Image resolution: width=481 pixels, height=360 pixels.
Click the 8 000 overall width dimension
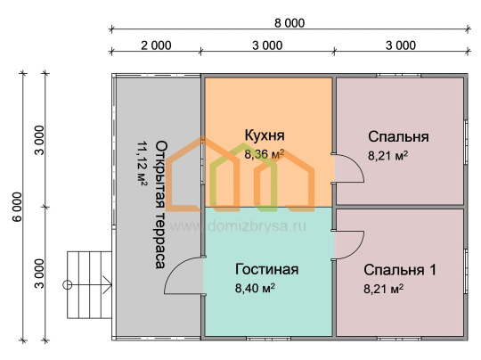[x=289, y=23]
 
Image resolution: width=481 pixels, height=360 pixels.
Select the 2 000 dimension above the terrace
[x=156, y=45]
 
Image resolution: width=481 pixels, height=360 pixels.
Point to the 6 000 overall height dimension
[x=18, y=207]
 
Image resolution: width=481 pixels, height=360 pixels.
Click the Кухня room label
[x=265, y=135]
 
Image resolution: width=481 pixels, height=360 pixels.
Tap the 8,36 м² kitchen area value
[x=265, y=154]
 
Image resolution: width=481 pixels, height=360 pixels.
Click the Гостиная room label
[x=266, y=269]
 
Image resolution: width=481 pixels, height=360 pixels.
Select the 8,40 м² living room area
[x=255, y=288]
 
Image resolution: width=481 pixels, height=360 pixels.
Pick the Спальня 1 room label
[x=400, y=270]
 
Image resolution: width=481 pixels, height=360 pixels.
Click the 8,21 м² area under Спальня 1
[x=383, y=289]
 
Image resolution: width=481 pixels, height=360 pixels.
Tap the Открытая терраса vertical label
[x=161, y=205]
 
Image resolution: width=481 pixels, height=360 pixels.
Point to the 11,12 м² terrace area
[x=142, y=164]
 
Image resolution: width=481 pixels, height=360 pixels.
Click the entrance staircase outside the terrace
[x=89, y=285]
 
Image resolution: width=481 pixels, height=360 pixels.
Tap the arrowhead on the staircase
[x=108, y=285]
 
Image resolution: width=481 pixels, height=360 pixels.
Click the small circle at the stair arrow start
[x=67, y=285]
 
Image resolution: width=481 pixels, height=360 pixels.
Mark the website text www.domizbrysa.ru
[x=238, y=226]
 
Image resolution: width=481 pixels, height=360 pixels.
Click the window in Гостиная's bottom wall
[x=268, y=339]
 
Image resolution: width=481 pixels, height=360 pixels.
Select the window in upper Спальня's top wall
[x=398, y=75]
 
